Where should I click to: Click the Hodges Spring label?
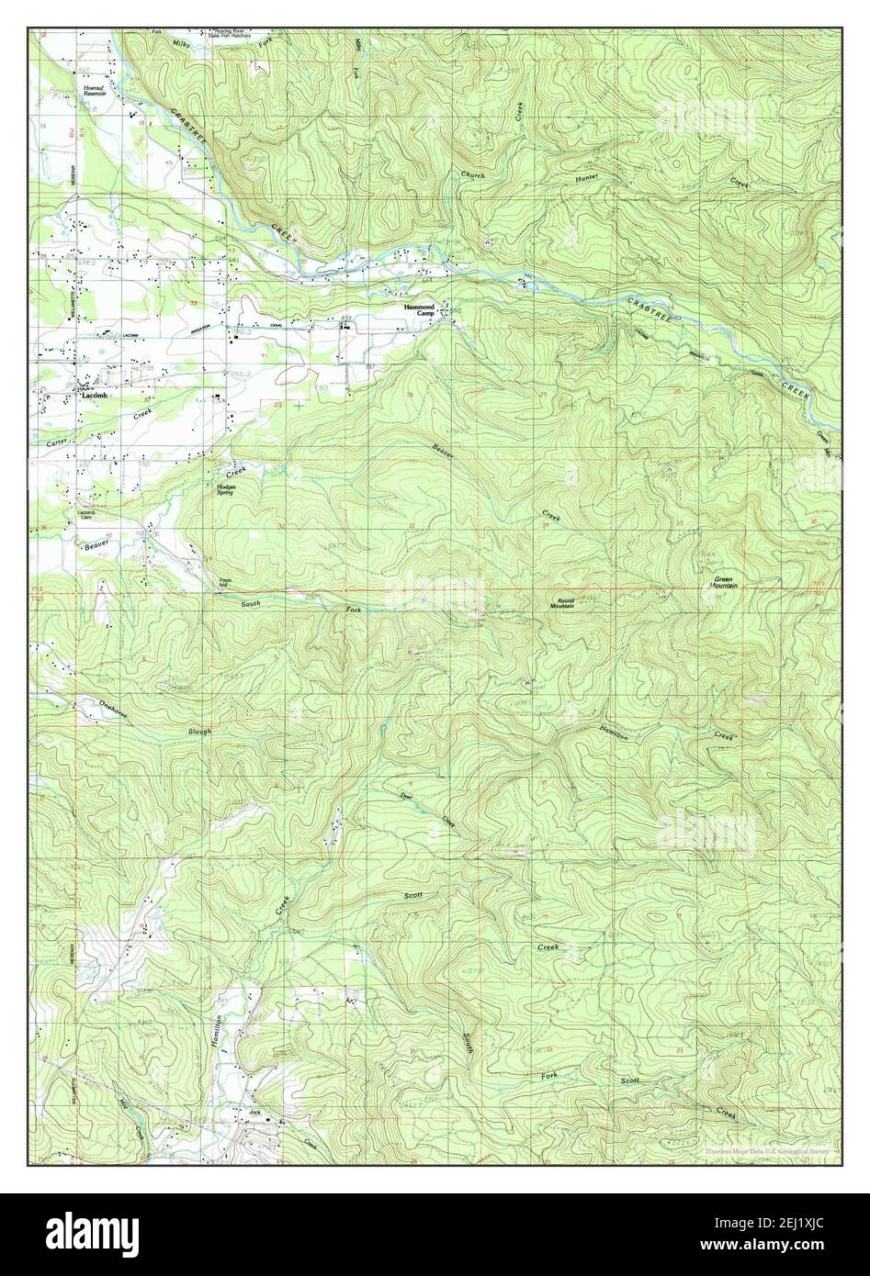coord(225,489)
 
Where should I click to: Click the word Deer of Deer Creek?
coord(404,796)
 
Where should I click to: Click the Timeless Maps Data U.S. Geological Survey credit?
coord(767,1150)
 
